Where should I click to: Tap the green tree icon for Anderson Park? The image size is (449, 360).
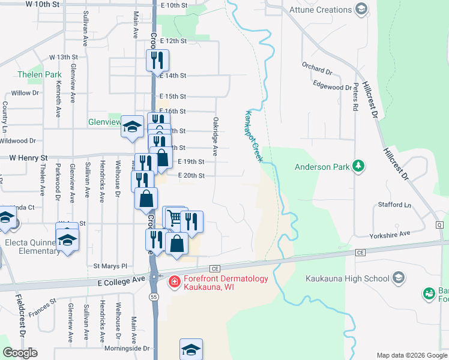click(x=358, y=166)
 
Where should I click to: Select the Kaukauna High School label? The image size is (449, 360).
click(x=347, y=278)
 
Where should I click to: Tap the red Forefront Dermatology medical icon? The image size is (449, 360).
click(x=173, y=281)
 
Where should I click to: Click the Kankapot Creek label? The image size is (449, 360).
click(x=253, y=135)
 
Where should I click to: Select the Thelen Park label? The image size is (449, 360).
click(x=40, y=75)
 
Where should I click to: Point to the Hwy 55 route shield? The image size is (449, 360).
click(x=154, y=297)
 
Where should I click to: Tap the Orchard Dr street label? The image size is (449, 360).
click(x=317, y=67)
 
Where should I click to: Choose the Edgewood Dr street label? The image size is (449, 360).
click(x=332, y=87)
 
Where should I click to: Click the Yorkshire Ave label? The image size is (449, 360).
click(x=390, y=234)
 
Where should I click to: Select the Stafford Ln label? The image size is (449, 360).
click(x=394, y=205)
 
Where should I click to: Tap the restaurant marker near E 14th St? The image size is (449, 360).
click(x=157, y=60)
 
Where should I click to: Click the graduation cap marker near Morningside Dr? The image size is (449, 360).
click(x=191, y=349)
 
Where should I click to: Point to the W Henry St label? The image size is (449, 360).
click(x=28, y=158)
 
